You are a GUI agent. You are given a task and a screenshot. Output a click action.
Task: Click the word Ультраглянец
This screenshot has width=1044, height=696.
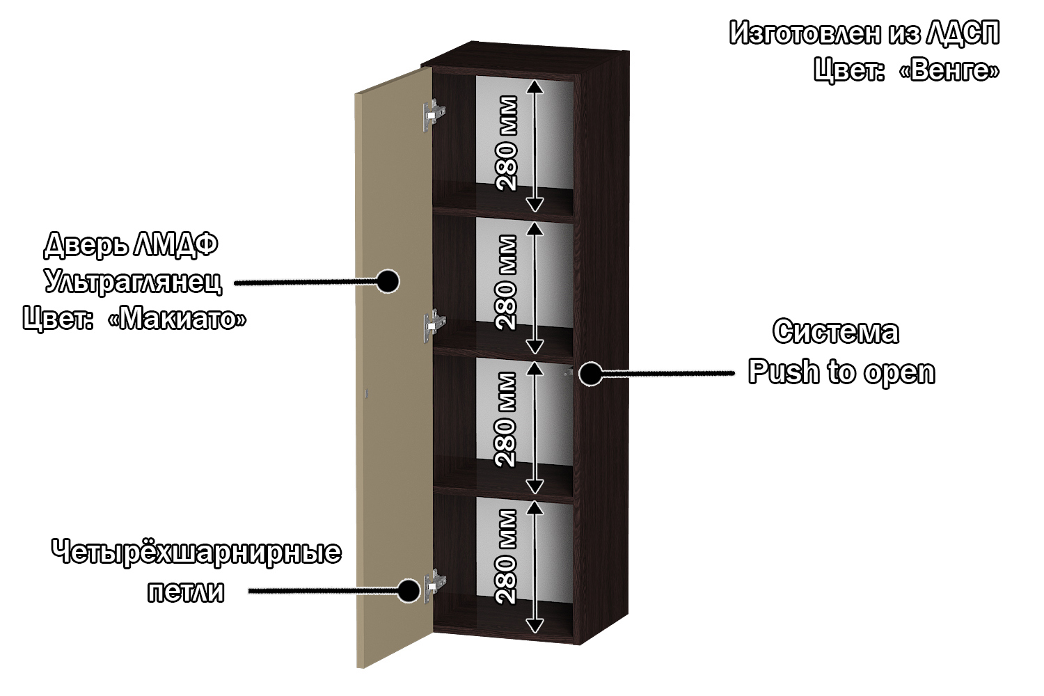[133, 282]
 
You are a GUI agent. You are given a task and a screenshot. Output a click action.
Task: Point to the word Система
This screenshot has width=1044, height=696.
[835, 332]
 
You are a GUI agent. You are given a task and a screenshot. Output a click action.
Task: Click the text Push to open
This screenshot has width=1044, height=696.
[841, 372]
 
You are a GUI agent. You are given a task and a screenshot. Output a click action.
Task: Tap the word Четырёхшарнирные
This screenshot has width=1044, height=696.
[196, 553]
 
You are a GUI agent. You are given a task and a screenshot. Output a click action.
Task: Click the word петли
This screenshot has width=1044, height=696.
[186, 592]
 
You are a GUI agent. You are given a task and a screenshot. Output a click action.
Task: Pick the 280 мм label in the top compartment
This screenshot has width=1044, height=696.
[507, 143]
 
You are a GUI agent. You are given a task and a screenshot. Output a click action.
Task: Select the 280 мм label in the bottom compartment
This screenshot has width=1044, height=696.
[507, 556]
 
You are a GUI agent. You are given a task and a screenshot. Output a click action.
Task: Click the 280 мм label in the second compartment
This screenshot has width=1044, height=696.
[507, 282]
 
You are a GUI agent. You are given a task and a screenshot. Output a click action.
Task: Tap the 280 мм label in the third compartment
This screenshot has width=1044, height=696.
[507, 419]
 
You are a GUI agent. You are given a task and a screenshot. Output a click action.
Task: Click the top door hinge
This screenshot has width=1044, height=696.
[434, 114]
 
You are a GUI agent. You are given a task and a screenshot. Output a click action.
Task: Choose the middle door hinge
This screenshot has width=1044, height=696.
[434, 324]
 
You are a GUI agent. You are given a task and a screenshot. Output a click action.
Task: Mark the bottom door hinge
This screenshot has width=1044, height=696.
[434, 585]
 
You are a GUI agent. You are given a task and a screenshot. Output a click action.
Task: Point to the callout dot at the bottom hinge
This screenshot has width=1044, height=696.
[409, 591]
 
